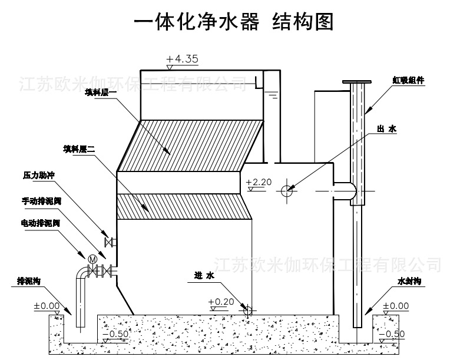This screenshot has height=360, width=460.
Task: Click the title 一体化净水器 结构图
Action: click(233, 22)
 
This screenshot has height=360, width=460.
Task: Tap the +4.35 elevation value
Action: click(182, 59)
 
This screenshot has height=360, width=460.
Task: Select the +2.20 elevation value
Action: click(259, 182)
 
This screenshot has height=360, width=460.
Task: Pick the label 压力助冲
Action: click(38, 176)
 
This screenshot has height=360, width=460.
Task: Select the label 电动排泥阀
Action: click(40, 223)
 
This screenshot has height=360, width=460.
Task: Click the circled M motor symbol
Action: click(92, 259)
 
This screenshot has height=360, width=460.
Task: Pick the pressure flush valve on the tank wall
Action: click(109, 242)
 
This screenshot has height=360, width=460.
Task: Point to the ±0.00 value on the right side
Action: click(395, 306)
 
